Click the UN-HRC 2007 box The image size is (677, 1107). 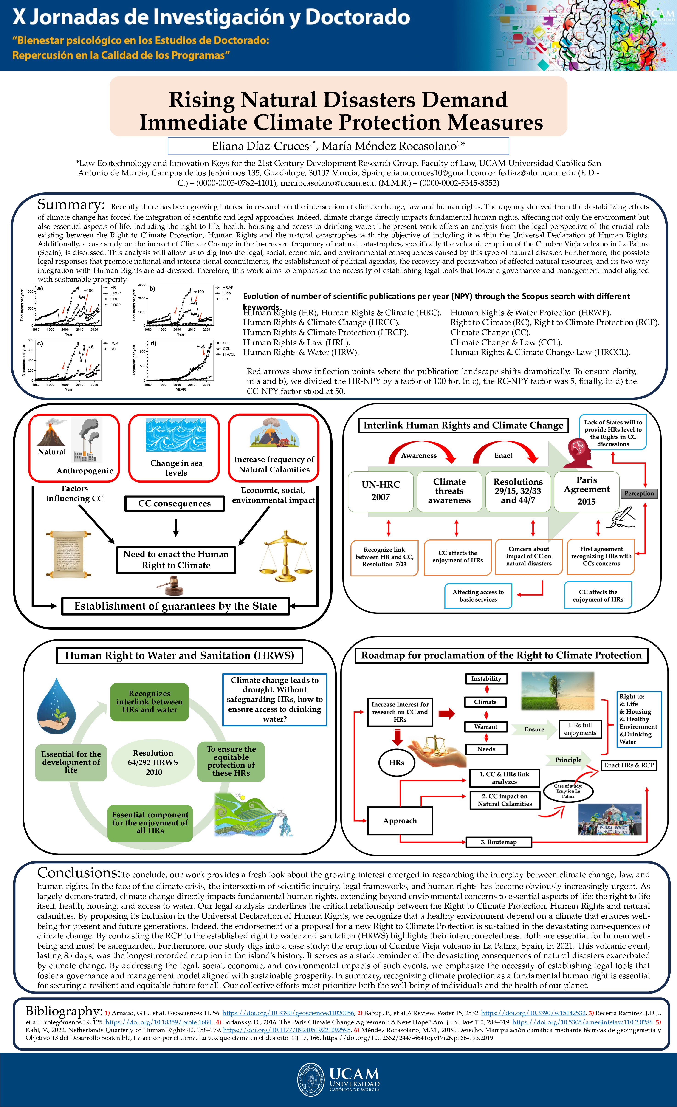381,491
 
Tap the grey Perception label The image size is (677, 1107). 639,493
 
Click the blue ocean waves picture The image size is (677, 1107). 176,435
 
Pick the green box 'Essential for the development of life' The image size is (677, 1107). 71,762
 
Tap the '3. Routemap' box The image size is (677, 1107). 499,842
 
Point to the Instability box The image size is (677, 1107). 486,678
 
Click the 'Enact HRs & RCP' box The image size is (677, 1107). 629,765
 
